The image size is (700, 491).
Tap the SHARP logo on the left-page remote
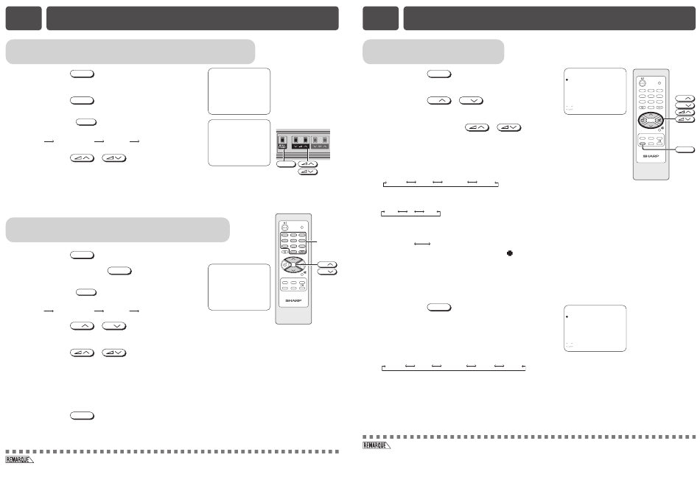click(293, 302)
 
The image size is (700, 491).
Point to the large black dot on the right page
click(509, 254)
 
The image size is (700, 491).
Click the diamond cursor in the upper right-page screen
click(566, 78)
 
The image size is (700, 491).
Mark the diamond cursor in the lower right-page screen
click(566, 316)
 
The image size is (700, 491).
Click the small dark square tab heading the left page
click(24, 18)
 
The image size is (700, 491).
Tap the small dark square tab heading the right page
click(381, 18)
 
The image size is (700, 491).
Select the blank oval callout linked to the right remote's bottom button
click(685, 149)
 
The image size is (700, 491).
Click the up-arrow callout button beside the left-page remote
click(327, 263)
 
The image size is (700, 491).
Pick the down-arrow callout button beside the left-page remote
click(327, 272)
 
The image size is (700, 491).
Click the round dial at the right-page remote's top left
click(642, 83)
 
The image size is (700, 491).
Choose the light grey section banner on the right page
click(433, 52)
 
